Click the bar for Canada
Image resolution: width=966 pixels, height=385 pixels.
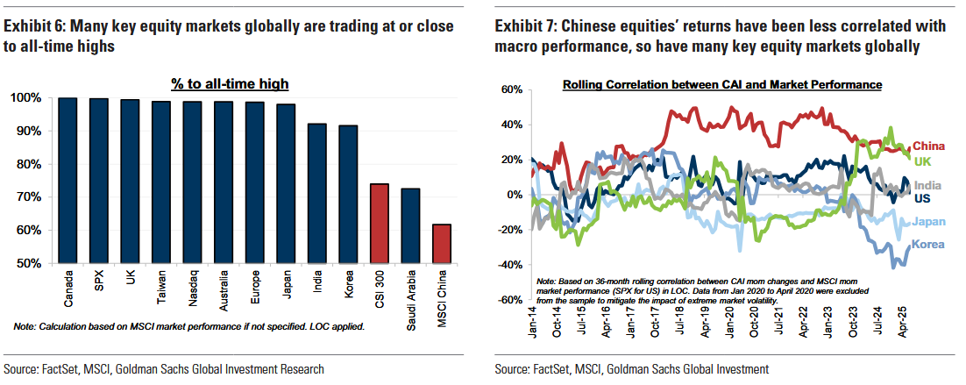(x=67, y=180)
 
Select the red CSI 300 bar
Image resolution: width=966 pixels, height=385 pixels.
(x=380, y=223)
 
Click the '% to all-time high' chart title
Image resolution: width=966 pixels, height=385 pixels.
(x=231, y=84)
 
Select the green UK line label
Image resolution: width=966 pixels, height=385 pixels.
(x=922, y=162)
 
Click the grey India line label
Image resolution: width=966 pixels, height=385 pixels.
(x=928, y=185)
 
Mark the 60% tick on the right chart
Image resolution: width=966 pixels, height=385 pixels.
(x=511, y=89)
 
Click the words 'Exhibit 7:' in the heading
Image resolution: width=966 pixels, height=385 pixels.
(x=530, y=27)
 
